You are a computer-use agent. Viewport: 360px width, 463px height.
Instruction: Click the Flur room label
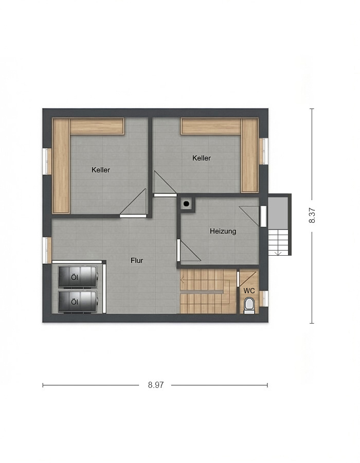pos(137,260)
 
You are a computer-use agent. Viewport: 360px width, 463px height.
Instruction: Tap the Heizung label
pos(223,231)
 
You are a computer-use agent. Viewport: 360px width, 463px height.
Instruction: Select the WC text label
pos(249,291)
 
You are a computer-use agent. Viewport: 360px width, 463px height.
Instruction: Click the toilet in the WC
pos(249,305)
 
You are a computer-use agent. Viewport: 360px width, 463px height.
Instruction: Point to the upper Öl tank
pos(78,277)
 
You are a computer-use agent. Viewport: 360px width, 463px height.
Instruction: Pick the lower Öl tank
pos(78,301)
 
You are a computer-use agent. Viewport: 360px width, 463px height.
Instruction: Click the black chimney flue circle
pos(186,204)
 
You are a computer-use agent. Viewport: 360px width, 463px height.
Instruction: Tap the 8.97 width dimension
pos(156,385)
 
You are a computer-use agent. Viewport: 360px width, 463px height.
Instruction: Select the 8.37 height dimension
pos(312,216)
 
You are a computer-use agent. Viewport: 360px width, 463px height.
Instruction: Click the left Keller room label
pos(101,170)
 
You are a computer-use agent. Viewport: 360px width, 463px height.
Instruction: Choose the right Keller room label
pos(202,158)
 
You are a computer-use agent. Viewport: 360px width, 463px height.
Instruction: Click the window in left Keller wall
pos(47,161)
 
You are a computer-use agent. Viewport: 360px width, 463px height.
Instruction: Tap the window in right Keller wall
pos(264,151)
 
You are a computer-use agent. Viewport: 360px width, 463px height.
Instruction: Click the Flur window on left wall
pos(47,251)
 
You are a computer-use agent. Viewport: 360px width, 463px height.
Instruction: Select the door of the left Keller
pos(133,203)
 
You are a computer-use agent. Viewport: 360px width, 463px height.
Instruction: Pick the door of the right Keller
pos(165,184)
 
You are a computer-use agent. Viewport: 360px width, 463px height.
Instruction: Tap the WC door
pos(246,279)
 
